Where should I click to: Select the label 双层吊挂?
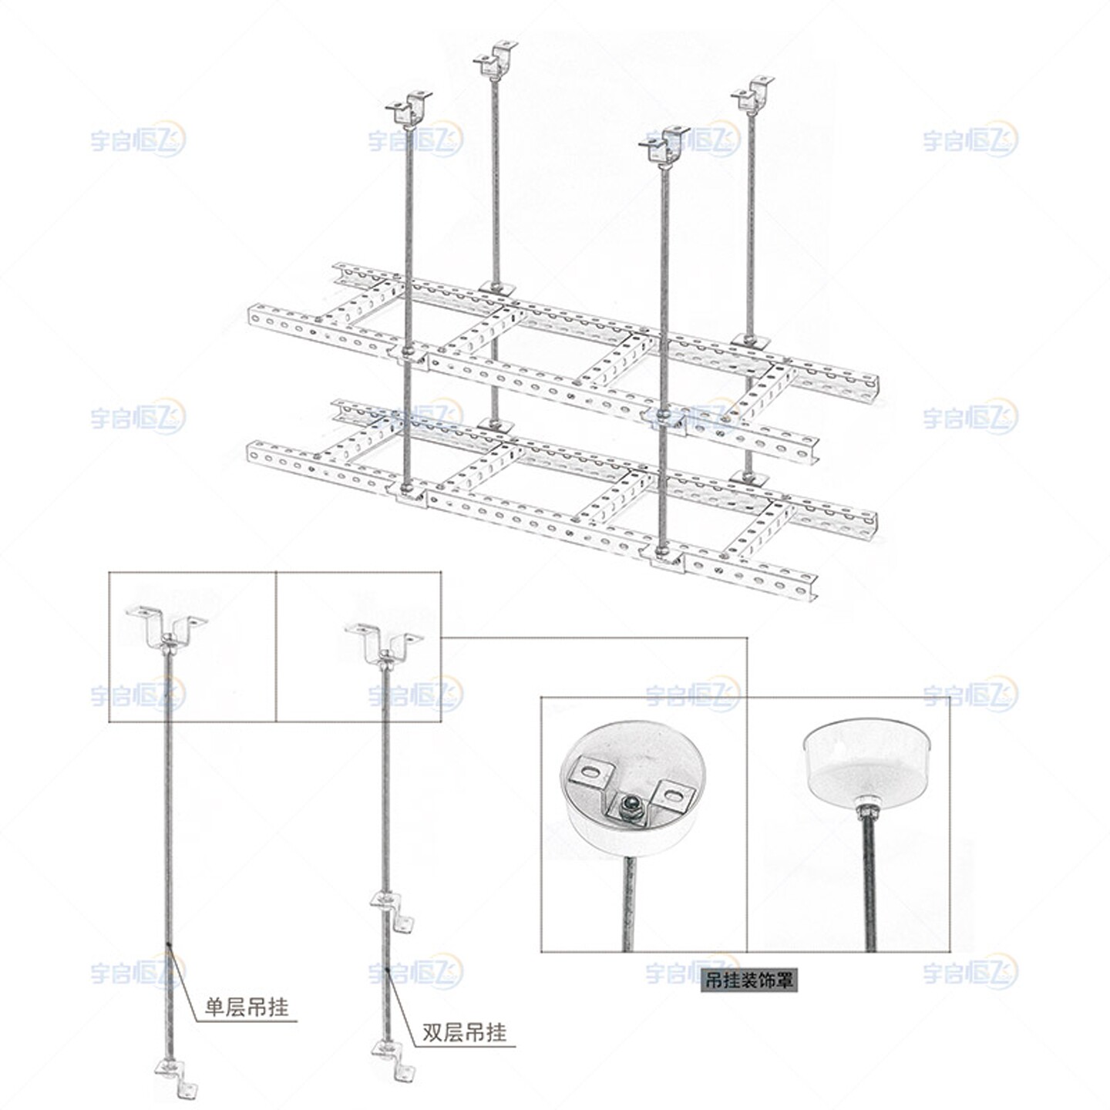464,1032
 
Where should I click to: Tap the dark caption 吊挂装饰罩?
748,980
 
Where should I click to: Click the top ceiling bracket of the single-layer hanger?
167,624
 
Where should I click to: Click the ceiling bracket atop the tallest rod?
495,59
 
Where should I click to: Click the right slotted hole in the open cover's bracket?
670,792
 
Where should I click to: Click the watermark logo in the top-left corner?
138,140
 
